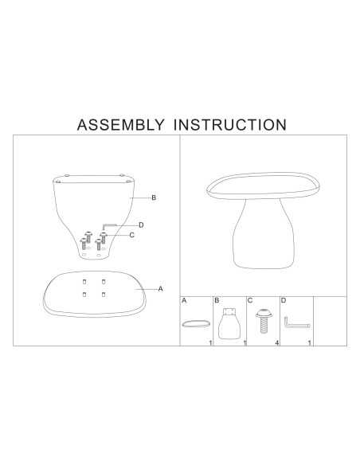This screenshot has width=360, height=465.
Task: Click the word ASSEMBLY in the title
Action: point(120,124)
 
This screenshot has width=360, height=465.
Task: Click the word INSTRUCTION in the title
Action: point(230,124)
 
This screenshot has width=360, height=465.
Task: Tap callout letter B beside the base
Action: point(154,197)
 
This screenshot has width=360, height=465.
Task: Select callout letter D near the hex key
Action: point(141,225)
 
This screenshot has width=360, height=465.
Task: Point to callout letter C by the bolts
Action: point(132,235)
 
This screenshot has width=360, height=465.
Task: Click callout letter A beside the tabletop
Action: point(160,289)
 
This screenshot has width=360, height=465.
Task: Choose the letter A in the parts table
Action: point(184,301)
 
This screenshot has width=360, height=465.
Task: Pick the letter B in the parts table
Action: point(217,301)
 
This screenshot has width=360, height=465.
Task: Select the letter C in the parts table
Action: point(250,301)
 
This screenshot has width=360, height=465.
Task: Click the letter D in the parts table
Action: point(284,301)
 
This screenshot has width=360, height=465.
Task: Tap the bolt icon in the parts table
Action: point(264,321)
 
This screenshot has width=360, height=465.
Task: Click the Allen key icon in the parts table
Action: point(297,325)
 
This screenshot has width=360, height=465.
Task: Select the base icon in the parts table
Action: point(229,323)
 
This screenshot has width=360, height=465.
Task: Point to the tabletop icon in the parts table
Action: point(196,323)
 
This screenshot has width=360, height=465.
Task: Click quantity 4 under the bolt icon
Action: point(277,343)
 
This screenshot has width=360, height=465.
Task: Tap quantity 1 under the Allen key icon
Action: point(310,343)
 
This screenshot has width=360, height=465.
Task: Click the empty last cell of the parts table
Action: point(330,321)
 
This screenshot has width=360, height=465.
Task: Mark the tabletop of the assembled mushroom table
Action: point(264,186)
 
